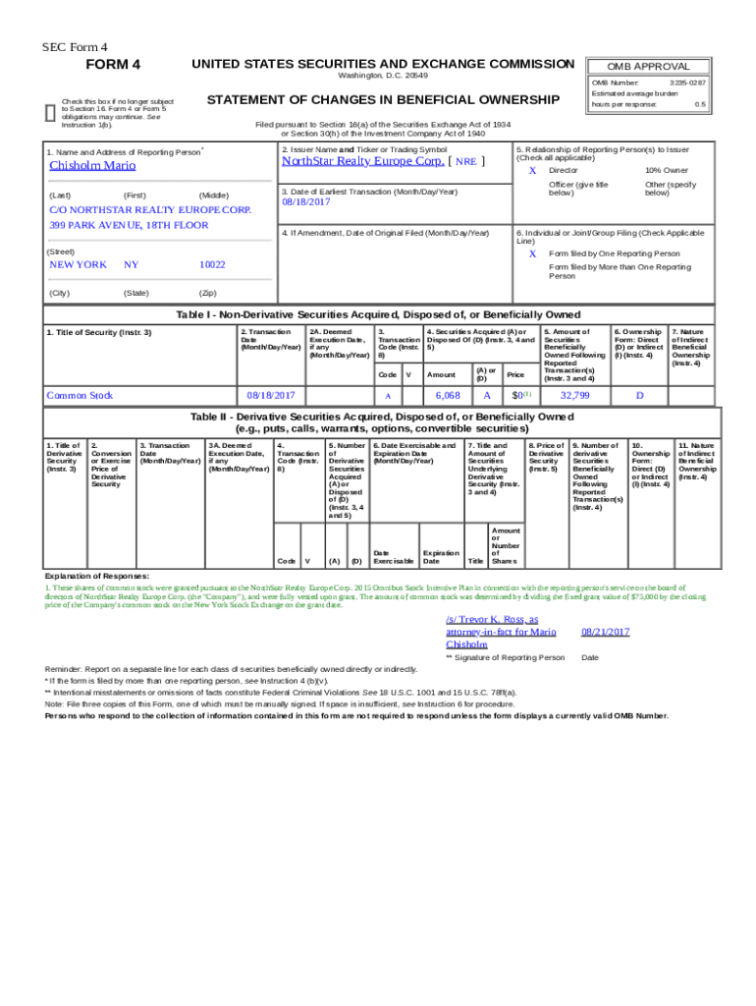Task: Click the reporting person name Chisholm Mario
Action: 92,166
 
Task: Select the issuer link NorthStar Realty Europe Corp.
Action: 363,161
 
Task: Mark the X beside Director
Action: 532,171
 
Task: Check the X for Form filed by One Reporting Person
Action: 532,253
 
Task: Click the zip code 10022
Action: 212,265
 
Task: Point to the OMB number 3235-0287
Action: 687,83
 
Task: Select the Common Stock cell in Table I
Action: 80,395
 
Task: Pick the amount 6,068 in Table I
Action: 447,395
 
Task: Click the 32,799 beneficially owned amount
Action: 574,395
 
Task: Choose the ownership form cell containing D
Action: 639,395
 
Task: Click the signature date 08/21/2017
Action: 605,632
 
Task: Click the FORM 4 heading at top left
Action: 114,65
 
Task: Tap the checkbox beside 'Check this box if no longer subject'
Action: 50,111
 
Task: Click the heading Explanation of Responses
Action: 97,576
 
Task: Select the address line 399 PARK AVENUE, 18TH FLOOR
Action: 129,225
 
